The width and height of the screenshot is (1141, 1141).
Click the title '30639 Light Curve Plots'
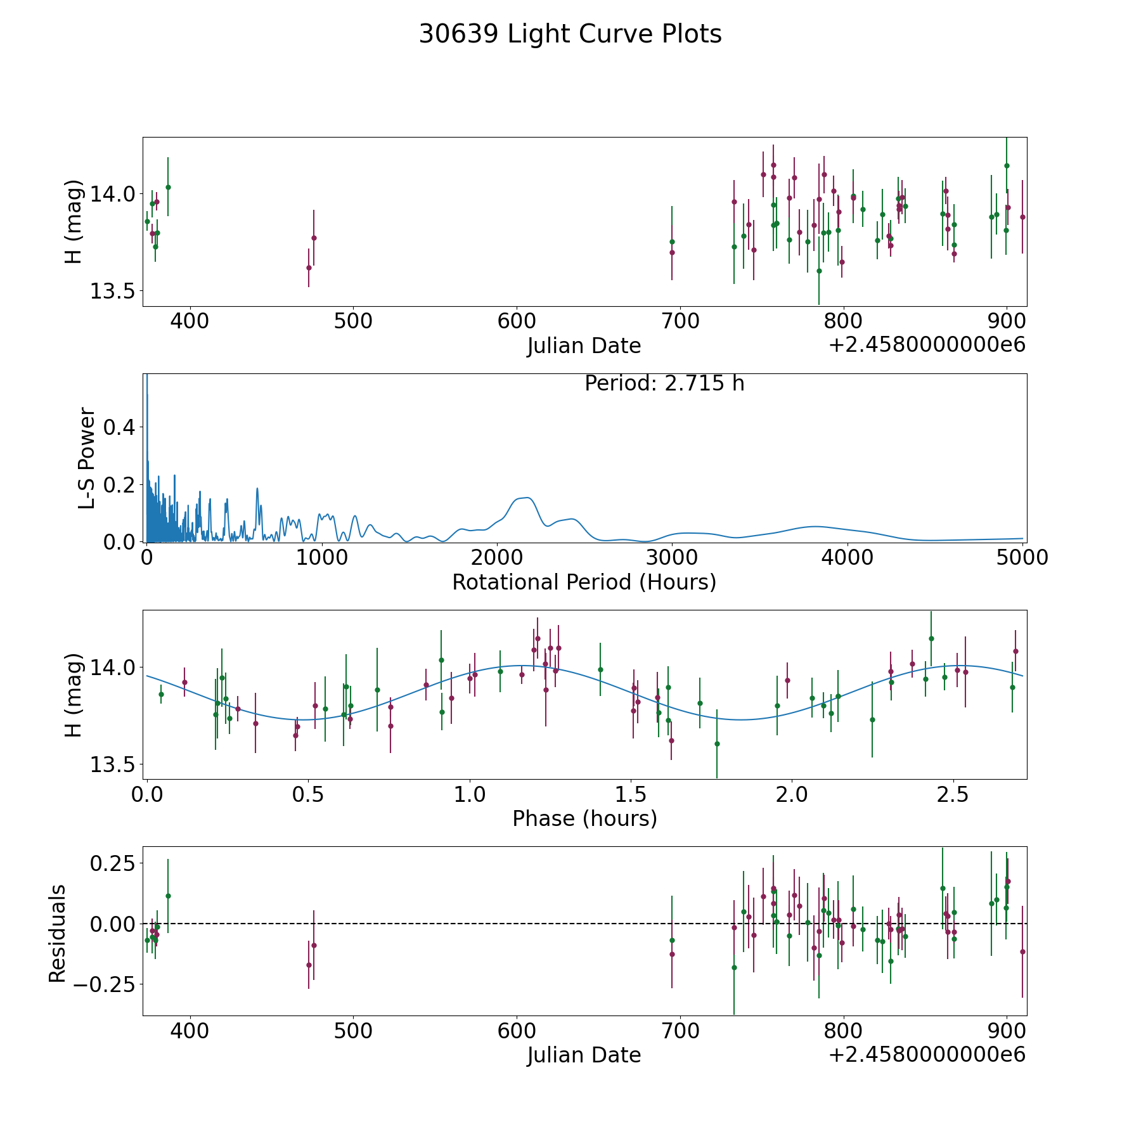570,34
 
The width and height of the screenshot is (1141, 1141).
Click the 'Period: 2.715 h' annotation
664,384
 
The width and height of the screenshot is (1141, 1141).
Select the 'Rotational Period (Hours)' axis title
584,582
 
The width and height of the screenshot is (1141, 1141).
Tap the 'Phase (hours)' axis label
584,818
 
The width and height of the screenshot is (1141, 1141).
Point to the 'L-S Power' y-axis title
87,458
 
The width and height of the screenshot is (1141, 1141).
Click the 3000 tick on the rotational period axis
672,558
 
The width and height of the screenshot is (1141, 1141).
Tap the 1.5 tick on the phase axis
630,795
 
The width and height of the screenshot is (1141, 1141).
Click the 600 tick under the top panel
517,321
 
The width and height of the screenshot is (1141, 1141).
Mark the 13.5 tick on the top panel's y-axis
108,291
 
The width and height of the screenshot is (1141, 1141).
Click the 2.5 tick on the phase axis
953,795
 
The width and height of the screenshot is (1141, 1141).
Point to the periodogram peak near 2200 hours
526,498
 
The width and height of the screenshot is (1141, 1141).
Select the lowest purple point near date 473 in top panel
309,268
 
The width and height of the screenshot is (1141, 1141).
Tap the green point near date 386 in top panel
168,187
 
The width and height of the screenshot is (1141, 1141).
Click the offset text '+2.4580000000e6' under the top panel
927,345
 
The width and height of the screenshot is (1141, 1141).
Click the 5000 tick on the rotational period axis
1022,558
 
